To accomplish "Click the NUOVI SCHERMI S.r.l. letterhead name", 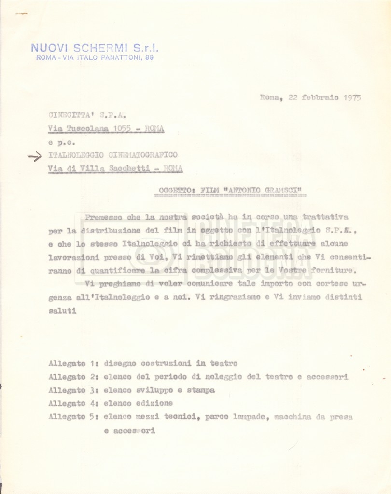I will pyautogui.click(x=95, y=48).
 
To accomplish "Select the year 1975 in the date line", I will pyautogui.click(x=352, y=97).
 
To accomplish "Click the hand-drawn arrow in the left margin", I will pyautogui.click(x=34, y=156).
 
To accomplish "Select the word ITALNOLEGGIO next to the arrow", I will pyautogui.click(x=77, y=155).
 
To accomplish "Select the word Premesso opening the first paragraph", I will pyautogui.click(x=103, y=217).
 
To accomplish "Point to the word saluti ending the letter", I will pyautogui.click(x=62, y=311).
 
